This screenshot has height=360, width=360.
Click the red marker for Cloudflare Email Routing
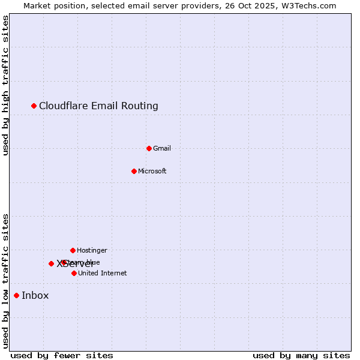34,106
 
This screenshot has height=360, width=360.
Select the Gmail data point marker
149,148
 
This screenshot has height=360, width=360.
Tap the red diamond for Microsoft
134,171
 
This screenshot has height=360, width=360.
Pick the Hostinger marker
73,250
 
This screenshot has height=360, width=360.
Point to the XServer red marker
51,263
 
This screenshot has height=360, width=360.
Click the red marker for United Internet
74,273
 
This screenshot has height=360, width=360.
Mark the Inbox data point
16,295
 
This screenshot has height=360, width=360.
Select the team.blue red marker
64,262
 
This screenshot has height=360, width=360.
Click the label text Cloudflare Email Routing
98,106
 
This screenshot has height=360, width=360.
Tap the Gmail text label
162,148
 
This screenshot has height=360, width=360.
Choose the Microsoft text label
152,171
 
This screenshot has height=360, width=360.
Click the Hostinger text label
92,250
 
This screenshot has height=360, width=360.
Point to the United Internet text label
103,273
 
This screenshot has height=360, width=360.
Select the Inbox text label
35,295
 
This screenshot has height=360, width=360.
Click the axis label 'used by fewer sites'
62,355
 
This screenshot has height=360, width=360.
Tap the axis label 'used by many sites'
301,355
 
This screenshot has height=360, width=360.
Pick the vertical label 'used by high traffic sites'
6,85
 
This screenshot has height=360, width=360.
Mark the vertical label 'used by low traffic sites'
6,281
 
